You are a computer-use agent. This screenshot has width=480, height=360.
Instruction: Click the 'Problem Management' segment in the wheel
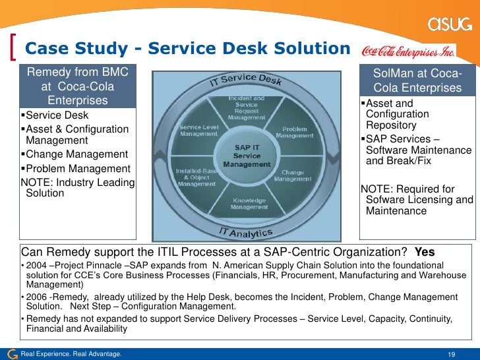coord(294,132)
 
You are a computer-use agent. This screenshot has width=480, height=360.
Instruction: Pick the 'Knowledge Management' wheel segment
coord(248,203)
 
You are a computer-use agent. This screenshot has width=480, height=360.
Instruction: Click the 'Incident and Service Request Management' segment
coord(247,108)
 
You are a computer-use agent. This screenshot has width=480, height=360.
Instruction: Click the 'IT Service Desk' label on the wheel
coord(245,80)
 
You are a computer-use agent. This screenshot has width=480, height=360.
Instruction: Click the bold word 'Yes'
coord(424,253)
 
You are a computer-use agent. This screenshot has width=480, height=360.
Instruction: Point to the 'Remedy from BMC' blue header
coord(78,86)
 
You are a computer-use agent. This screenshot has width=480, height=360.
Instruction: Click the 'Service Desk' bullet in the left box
coord(52,115)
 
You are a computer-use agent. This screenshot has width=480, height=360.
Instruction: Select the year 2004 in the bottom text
coord(36,265)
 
